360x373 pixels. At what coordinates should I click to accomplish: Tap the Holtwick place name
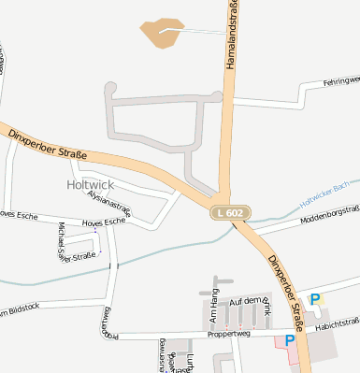tap(90, 185)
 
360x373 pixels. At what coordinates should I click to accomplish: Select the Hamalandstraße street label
tap(231, 36)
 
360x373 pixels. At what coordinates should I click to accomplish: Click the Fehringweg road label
tap(340, 82)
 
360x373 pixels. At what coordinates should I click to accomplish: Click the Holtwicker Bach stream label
tap(328, 193)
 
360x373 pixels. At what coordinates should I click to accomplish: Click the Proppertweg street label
tap(229, 333)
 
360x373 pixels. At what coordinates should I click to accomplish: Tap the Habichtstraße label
tap(338, 323)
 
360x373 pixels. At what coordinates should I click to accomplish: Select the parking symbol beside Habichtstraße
tap(315, 300)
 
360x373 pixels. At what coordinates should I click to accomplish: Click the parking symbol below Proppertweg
tap(276, 341)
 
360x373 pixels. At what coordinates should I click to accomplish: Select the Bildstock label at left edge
tap(20, 308)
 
